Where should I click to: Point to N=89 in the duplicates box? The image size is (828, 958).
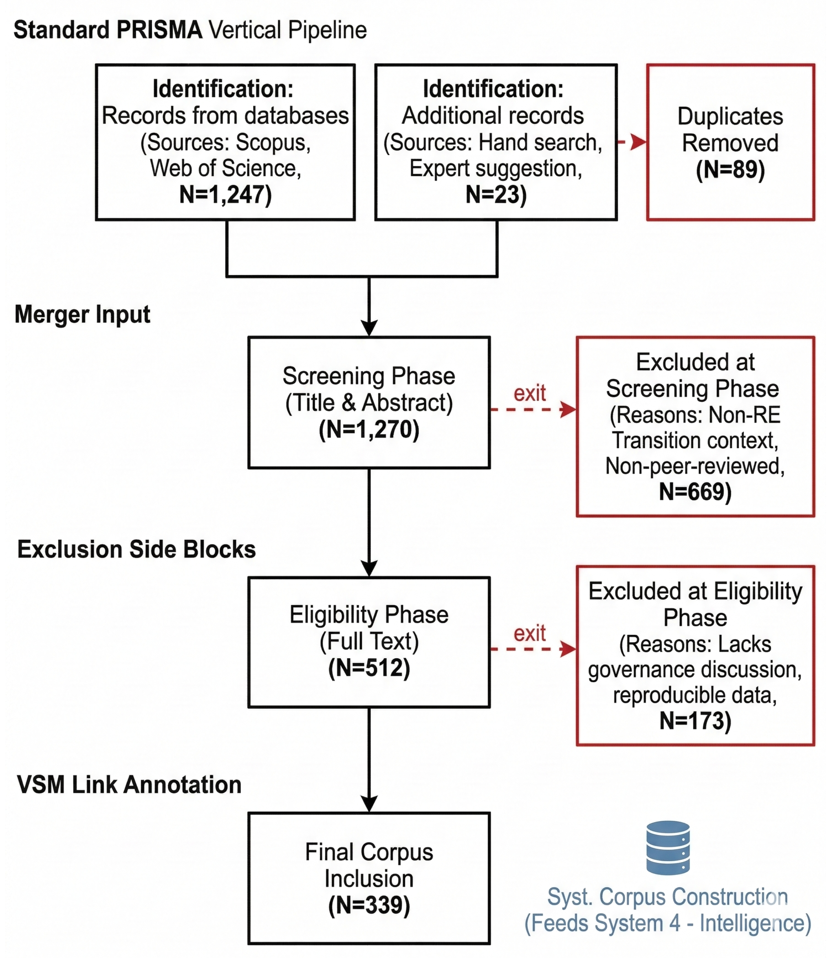point(730,170)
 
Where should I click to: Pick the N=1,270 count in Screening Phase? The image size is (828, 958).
point(369,429)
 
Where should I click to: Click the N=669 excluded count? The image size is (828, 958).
point(695,492)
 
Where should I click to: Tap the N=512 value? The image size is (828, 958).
point(369,668)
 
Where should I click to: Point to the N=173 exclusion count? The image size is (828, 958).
point(695,721)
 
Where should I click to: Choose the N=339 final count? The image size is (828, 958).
point(369,905)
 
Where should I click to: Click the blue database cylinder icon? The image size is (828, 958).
point(668,848)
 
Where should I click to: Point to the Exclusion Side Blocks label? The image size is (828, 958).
point(136,549)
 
